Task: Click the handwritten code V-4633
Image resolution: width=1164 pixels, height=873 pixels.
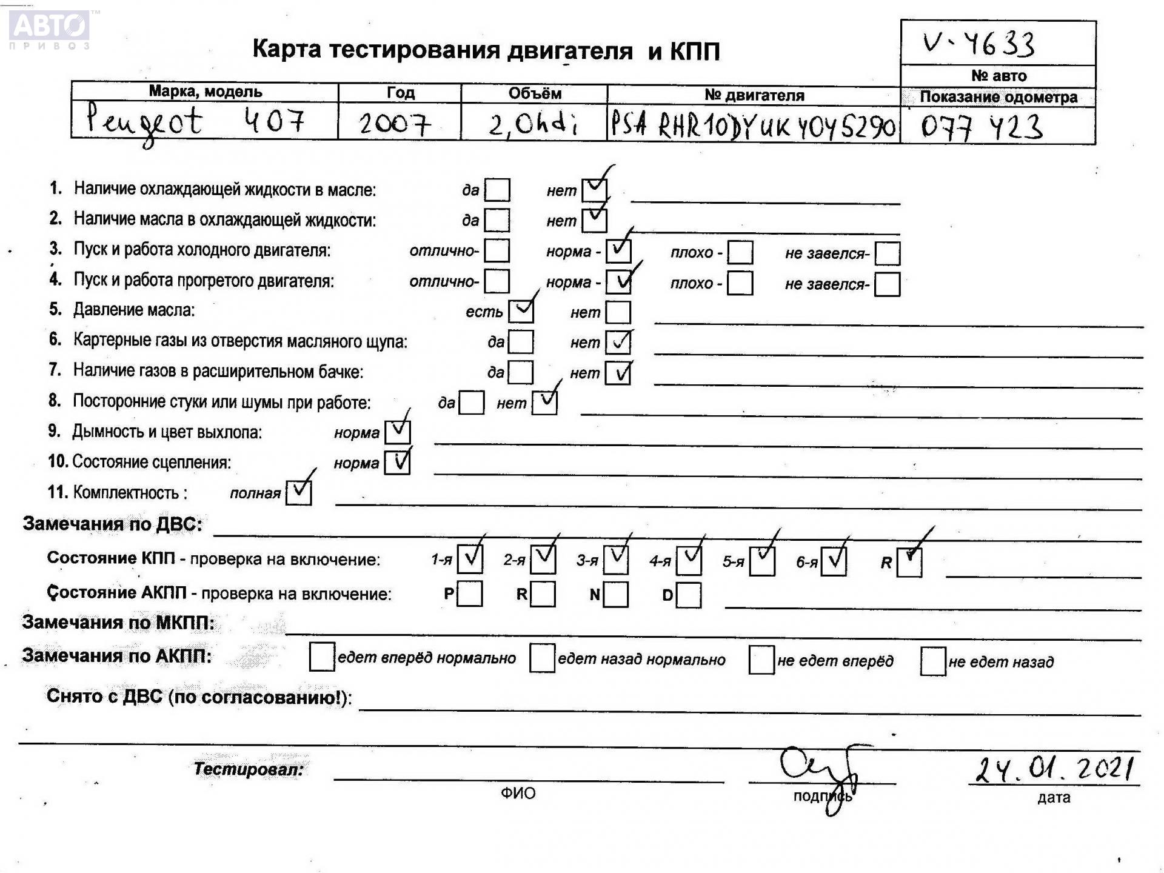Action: [978, 44]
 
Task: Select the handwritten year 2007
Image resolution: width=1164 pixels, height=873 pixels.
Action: [395, 124]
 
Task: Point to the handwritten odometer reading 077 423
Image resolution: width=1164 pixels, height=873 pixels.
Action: [982, 127]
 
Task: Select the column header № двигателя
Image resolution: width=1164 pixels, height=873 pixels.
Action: [754, 95]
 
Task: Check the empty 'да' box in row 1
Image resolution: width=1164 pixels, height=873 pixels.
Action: [497, 190]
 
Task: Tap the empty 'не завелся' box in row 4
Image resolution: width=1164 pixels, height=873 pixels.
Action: [887, 284]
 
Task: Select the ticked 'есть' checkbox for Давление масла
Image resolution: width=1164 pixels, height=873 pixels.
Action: [521, 311]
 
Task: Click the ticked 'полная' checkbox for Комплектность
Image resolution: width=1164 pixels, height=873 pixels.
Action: [299, 492]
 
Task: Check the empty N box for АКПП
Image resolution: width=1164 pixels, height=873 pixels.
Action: [615, 594]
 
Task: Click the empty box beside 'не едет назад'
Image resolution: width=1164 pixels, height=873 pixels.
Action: [932, 661]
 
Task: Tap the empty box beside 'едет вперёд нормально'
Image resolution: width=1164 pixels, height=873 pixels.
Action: [321, 657]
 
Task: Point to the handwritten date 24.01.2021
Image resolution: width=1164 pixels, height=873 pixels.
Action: [1054, 769]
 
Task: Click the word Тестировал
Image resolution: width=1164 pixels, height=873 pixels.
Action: [249, 769]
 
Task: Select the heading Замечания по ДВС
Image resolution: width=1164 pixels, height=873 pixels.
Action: [113, 524]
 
